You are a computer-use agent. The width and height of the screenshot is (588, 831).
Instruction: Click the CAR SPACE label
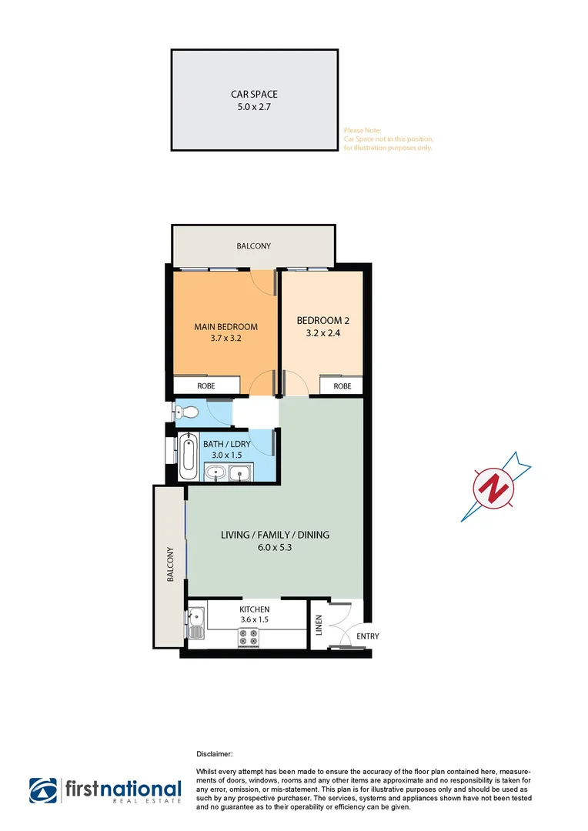(254, 95)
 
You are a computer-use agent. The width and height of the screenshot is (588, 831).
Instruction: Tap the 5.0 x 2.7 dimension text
(254, 108)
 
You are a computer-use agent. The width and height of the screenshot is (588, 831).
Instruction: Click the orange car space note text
(388, 139)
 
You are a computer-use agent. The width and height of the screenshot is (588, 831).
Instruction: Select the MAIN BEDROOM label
(226, 326)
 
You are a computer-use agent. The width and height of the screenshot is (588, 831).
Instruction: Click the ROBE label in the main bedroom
(205, 385)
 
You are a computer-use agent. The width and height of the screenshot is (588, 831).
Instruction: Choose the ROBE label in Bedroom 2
(342, 385)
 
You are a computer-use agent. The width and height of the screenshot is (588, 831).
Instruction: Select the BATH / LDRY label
(222, 444)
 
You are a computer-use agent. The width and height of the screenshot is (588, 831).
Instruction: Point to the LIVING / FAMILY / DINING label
(275, 535)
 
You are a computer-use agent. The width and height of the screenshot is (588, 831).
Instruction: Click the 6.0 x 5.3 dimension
(275, 548)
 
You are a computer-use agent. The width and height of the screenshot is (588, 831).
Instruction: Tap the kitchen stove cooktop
(249, 636)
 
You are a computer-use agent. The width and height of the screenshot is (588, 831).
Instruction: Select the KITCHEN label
(254, 609)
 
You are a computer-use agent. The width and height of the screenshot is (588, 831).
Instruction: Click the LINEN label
(318, 625)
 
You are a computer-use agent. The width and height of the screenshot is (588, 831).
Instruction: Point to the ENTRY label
(366, 636)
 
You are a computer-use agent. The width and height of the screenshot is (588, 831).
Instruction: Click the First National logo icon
(44, 790)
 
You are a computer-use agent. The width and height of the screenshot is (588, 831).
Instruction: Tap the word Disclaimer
(215, 756)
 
